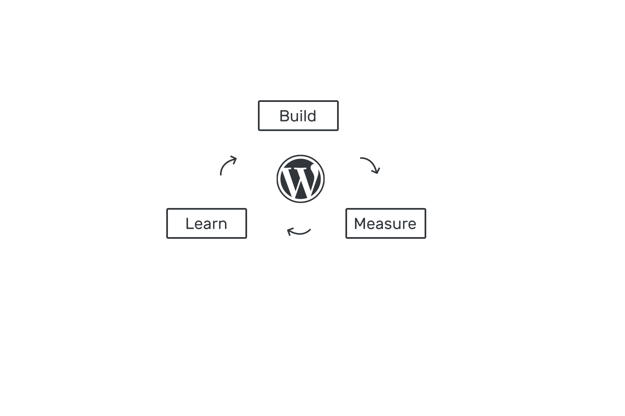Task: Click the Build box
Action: [x=298, y=116]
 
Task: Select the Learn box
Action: [x=207, y=223]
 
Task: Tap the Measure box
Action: [x=386, y=223]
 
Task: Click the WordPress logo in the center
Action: [x=300, y=179]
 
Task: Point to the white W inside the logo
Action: [x=300, y=181]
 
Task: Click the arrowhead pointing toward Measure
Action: [x=376, y=171]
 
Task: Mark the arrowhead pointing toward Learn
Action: [x=290, y=231]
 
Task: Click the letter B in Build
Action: [x=284, y=116]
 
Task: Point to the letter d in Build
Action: [x=311, y=116]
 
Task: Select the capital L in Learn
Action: [x=190, y=224]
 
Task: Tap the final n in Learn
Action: [x=222, y=225]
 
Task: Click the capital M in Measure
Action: [x=360, y=224]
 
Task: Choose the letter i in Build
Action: [x=301, y=116]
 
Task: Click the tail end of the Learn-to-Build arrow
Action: [x=221, y=175]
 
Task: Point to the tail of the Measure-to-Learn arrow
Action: [x=310, y=230]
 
